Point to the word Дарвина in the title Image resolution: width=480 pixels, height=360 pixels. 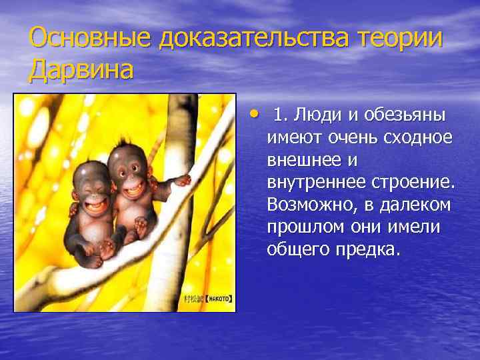pyautogui.click(x=81, y=69)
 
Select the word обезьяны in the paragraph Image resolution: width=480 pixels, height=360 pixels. pyautogui.click(x=407, y=116)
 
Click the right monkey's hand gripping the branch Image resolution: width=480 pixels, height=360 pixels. pyautogui.click(x=181, y=180)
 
